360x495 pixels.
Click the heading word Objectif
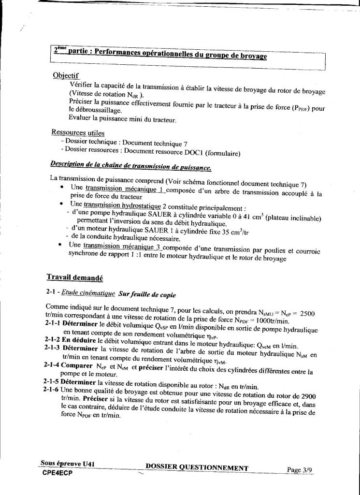[66, 76]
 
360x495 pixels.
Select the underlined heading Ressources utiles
[78, 132]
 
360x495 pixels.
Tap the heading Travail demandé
[74, 277]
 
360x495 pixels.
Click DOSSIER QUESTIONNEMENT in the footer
[197, 467]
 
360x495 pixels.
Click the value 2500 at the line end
[307, 314]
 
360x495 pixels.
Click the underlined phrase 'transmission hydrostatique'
[122, 205]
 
